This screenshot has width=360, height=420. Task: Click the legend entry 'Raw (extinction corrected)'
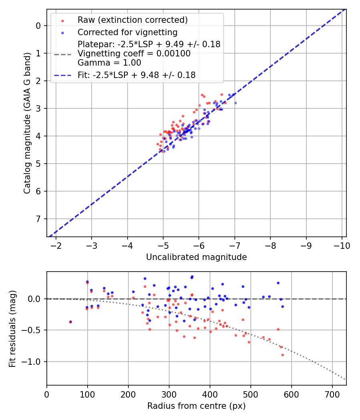pos(132,20)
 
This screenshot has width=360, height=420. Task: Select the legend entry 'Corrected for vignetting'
pos(128,32)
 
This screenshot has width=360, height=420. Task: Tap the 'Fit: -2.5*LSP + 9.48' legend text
pos(136,75)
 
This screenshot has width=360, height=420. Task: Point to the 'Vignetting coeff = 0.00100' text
pos(134,54)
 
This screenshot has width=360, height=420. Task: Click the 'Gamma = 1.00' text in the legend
pos(109,62)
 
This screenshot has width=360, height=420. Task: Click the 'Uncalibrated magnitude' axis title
pos(196,257)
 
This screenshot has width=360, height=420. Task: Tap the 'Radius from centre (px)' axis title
pos(196,406)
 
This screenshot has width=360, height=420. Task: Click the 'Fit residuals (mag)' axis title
pos(12,329)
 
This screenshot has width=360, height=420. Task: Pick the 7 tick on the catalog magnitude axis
pos(38,219)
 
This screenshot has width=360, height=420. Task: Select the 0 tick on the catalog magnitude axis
pos(38,26)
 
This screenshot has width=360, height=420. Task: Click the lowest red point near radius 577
pos(282,355)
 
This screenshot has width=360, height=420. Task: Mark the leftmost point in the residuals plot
pos(71,322)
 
